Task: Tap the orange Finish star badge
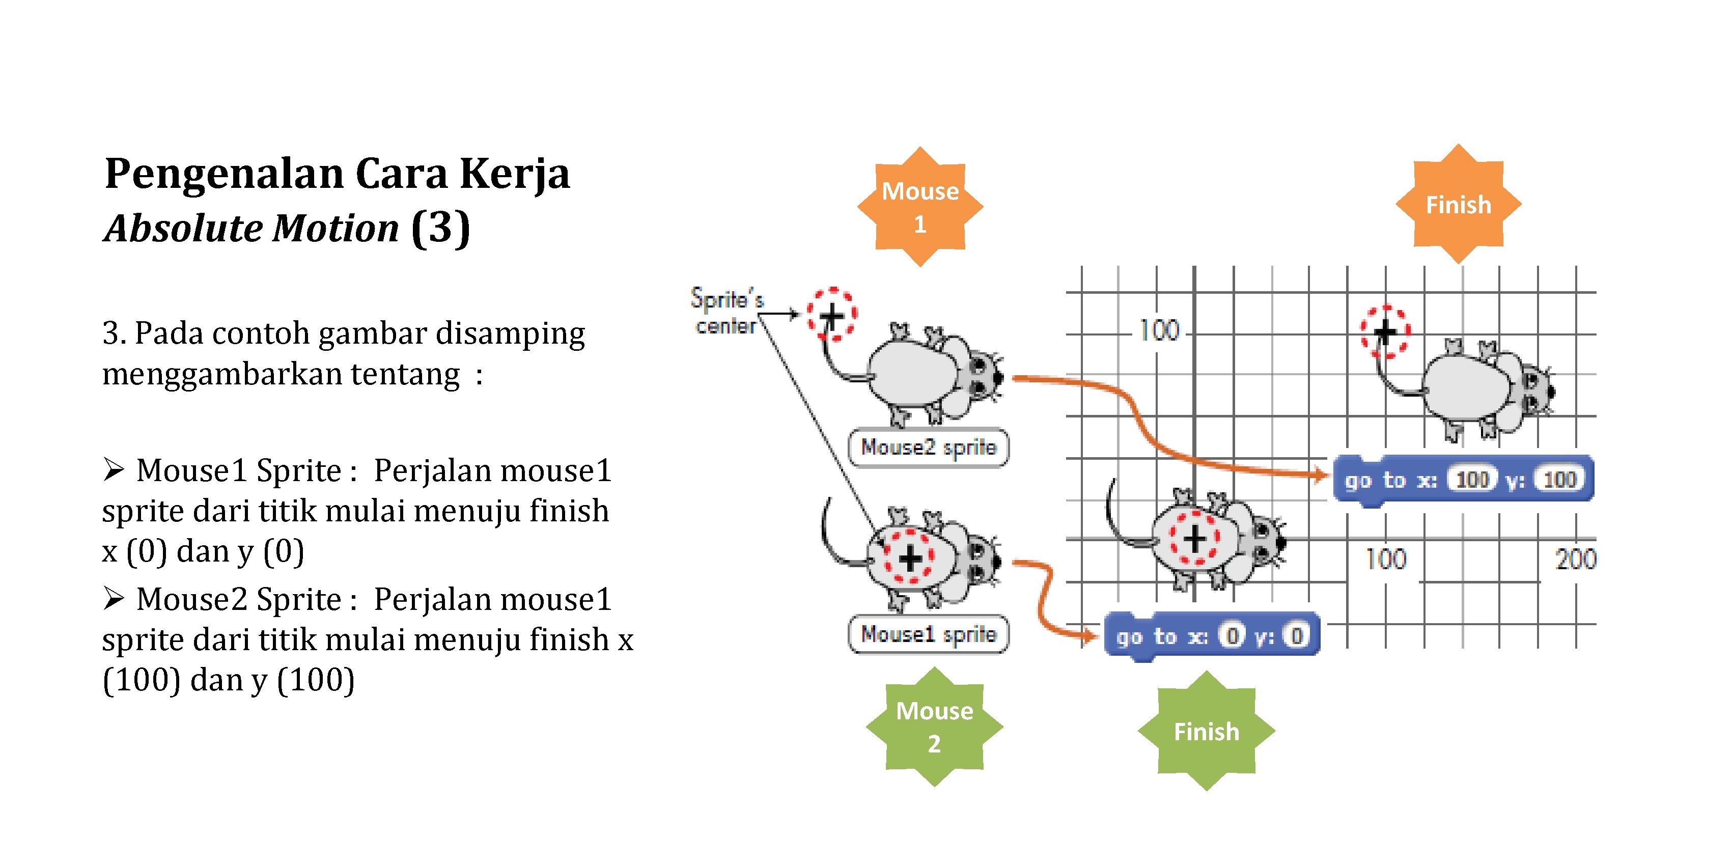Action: tap(1458, 204)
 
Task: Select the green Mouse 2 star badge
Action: tap(934, 727)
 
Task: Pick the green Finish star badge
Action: tap(1206, 731)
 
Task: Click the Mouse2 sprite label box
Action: tap(929, 447)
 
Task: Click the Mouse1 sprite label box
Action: tap(929, 634)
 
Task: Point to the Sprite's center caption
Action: tap(727, 311)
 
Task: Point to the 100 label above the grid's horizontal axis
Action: tap(1158, 331)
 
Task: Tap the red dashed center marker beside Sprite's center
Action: tap(832, 314)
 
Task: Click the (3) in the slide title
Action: tap(440, 229)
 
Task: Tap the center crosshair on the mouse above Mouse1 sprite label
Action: tap(910, 558)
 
